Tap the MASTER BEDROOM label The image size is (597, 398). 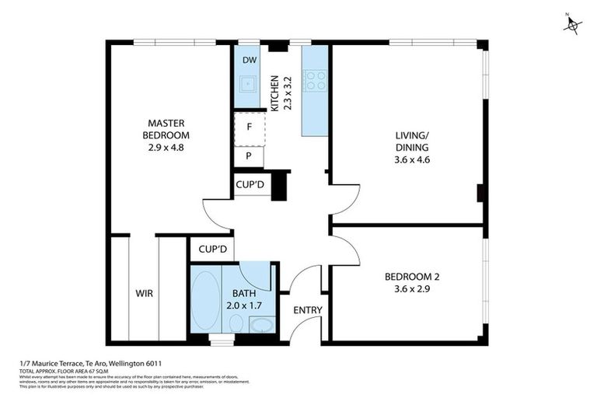tap(169, 128)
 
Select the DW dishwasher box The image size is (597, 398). tap(250, 60)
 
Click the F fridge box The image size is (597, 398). tap(249, 127)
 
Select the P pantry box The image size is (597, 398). tap(249, 155)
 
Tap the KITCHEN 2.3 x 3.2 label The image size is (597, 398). tap(279, 93)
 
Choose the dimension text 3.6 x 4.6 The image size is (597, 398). tap(412, 159)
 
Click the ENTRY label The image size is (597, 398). tap(308, 310)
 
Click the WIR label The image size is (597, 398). tap(145, 294)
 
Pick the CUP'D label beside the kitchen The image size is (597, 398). tap(252, 185)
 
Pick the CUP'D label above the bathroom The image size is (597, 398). tap(212, 250)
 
